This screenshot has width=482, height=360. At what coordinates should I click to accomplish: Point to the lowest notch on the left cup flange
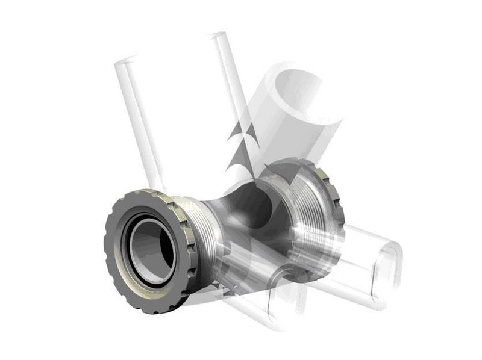pyautogui.click(x=151, y=311)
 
